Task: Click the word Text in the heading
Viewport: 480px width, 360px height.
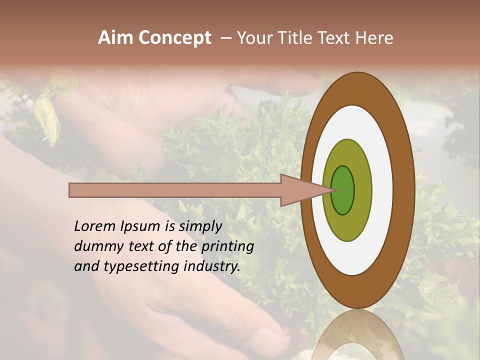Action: pos(335,38)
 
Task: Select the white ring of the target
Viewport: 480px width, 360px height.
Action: pos(382,190)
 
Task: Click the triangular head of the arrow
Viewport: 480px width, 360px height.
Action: pos(300,190)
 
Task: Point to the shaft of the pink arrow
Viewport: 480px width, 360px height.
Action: pos(175,190)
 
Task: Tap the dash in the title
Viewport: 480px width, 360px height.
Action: pos(226,38)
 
